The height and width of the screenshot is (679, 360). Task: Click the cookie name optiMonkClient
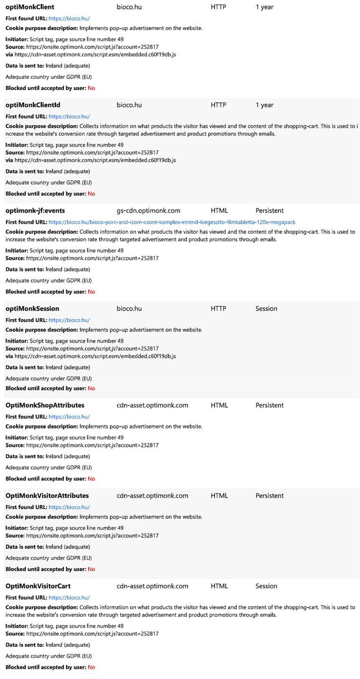(x=30, y=7)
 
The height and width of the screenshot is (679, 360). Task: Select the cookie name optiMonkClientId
(x=33, y=105)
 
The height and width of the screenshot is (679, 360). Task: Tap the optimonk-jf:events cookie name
(x=35, y=211)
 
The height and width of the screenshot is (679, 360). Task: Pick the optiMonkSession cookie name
(x=32, y=309)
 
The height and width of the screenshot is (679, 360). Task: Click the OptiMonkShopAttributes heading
(x=45, y=405)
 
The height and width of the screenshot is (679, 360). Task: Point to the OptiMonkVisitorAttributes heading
(x=47, y=496)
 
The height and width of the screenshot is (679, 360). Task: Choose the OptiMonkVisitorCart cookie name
(x=38, y=586)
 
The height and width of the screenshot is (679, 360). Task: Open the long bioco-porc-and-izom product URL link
(x=172, y=222)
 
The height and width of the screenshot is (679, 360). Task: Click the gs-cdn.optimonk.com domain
(x=148, y=211)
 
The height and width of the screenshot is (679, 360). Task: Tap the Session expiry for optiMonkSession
(x=266, y=309)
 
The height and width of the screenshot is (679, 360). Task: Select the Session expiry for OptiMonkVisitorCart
(x=266, y=586)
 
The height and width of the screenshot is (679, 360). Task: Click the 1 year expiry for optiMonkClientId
(x=264, y=105)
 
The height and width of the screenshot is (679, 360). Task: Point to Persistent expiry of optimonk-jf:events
(x=270, y=211)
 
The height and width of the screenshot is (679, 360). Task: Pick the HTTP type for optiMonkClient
(x=218, y=7)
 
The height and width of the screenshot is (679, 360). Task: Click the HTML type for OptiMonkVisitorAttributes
(x=219, y=496)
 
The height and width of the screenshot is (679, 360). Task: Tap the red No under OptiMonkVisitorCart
(x=91, y=667)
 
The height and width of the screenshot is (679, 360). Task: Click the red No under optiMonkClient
(x=91, y=88)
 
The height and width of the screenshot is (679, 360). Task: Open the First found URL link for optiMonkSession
(x=69, y=320)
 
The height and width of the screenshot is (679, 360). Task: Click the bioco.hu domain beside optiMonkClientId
(x=129, y=105)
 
